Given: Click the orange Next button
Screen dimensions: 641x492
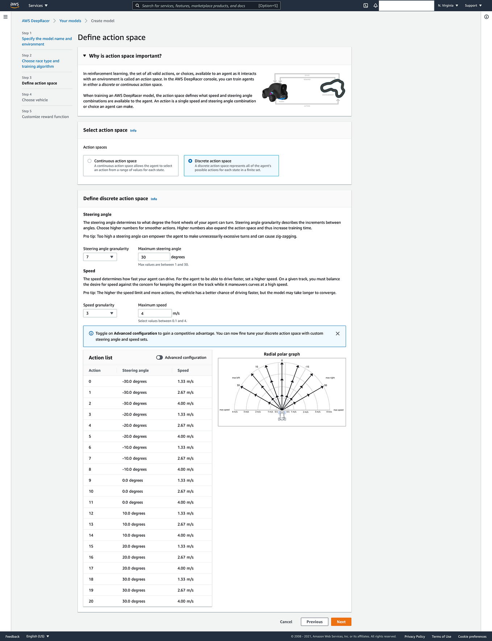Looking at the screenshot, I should coord(341,622).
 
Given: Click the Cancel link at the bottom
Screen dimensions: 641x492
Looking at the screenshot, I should coord(286,622).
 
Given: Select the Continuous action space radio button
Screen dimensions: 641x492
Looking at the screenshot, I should coord(89,161).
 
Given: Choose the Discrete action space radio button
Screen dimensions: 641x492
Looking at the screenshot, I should coord(190,161).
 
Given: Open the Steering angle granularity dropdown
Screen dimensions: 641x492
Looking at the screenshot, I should coord(100,257).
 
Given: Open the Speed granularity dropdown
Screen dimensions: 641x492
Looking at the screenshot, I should coord(100,313).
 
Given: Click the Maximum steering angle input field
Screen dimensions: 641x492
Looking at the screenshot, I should coord(154,257).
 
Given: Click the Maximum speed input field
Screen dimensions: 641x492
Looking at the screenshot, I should coord(155,313).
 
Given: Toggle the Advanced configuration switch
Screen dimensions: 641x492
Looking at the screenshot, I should coord(159,357).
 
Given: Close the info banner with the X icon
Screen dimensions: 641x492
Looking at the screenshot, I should coord(338,334).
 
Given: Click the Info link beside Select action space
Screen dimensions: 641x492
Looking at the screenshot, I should coord(133,131).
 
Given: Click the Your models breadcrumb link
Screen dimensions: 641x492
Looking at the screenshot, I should coord(70,21).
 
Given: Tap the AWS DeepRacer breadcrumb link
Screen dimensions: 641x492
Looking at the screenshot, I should coord(36,21).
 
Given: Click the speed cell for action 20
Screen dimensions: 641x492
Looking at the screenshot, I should coord(185,601).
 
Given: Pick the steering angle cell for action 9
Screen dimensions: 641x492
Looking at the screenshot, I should coord(133,480).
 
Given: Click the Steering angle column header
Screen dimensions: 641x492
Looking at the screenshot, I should coord(135,371).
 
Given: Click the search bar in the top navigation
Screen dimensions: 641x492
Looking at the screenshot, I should coord(206,6).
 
